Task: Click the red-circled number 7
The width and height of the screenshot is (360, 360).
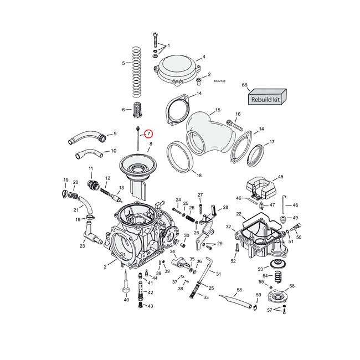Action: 149,133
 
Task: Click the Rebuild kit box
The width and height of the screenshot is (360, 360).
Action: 266,99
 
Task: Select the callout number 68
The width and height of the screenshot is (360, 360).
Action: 244,85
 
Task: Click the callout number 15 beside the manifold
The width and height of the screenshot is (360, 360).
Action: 218,110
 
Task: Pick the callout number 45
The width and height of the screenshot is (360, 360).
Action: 280,177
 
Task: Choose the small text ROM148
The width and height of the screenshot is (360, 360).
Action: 219,81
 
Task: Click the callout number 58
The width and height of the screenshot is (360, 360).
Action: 239,290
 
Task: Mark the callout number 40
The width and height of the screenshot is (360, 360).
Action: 126,300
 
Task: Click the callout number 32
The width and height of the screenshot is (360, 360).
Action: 228,227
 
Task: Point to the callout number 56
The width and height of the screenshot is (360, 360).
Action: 292,286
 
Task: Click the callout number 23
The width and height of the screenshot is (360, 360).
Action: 82,246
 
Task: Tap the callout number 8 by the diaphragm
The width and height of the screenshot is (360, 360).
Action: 150,144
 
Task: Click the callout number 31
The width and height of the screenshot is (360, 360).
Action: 219,274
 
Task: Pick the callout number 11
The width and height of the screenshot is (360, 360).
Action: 91,168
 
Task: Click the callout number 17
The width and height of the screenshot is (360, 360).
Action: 271,142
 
